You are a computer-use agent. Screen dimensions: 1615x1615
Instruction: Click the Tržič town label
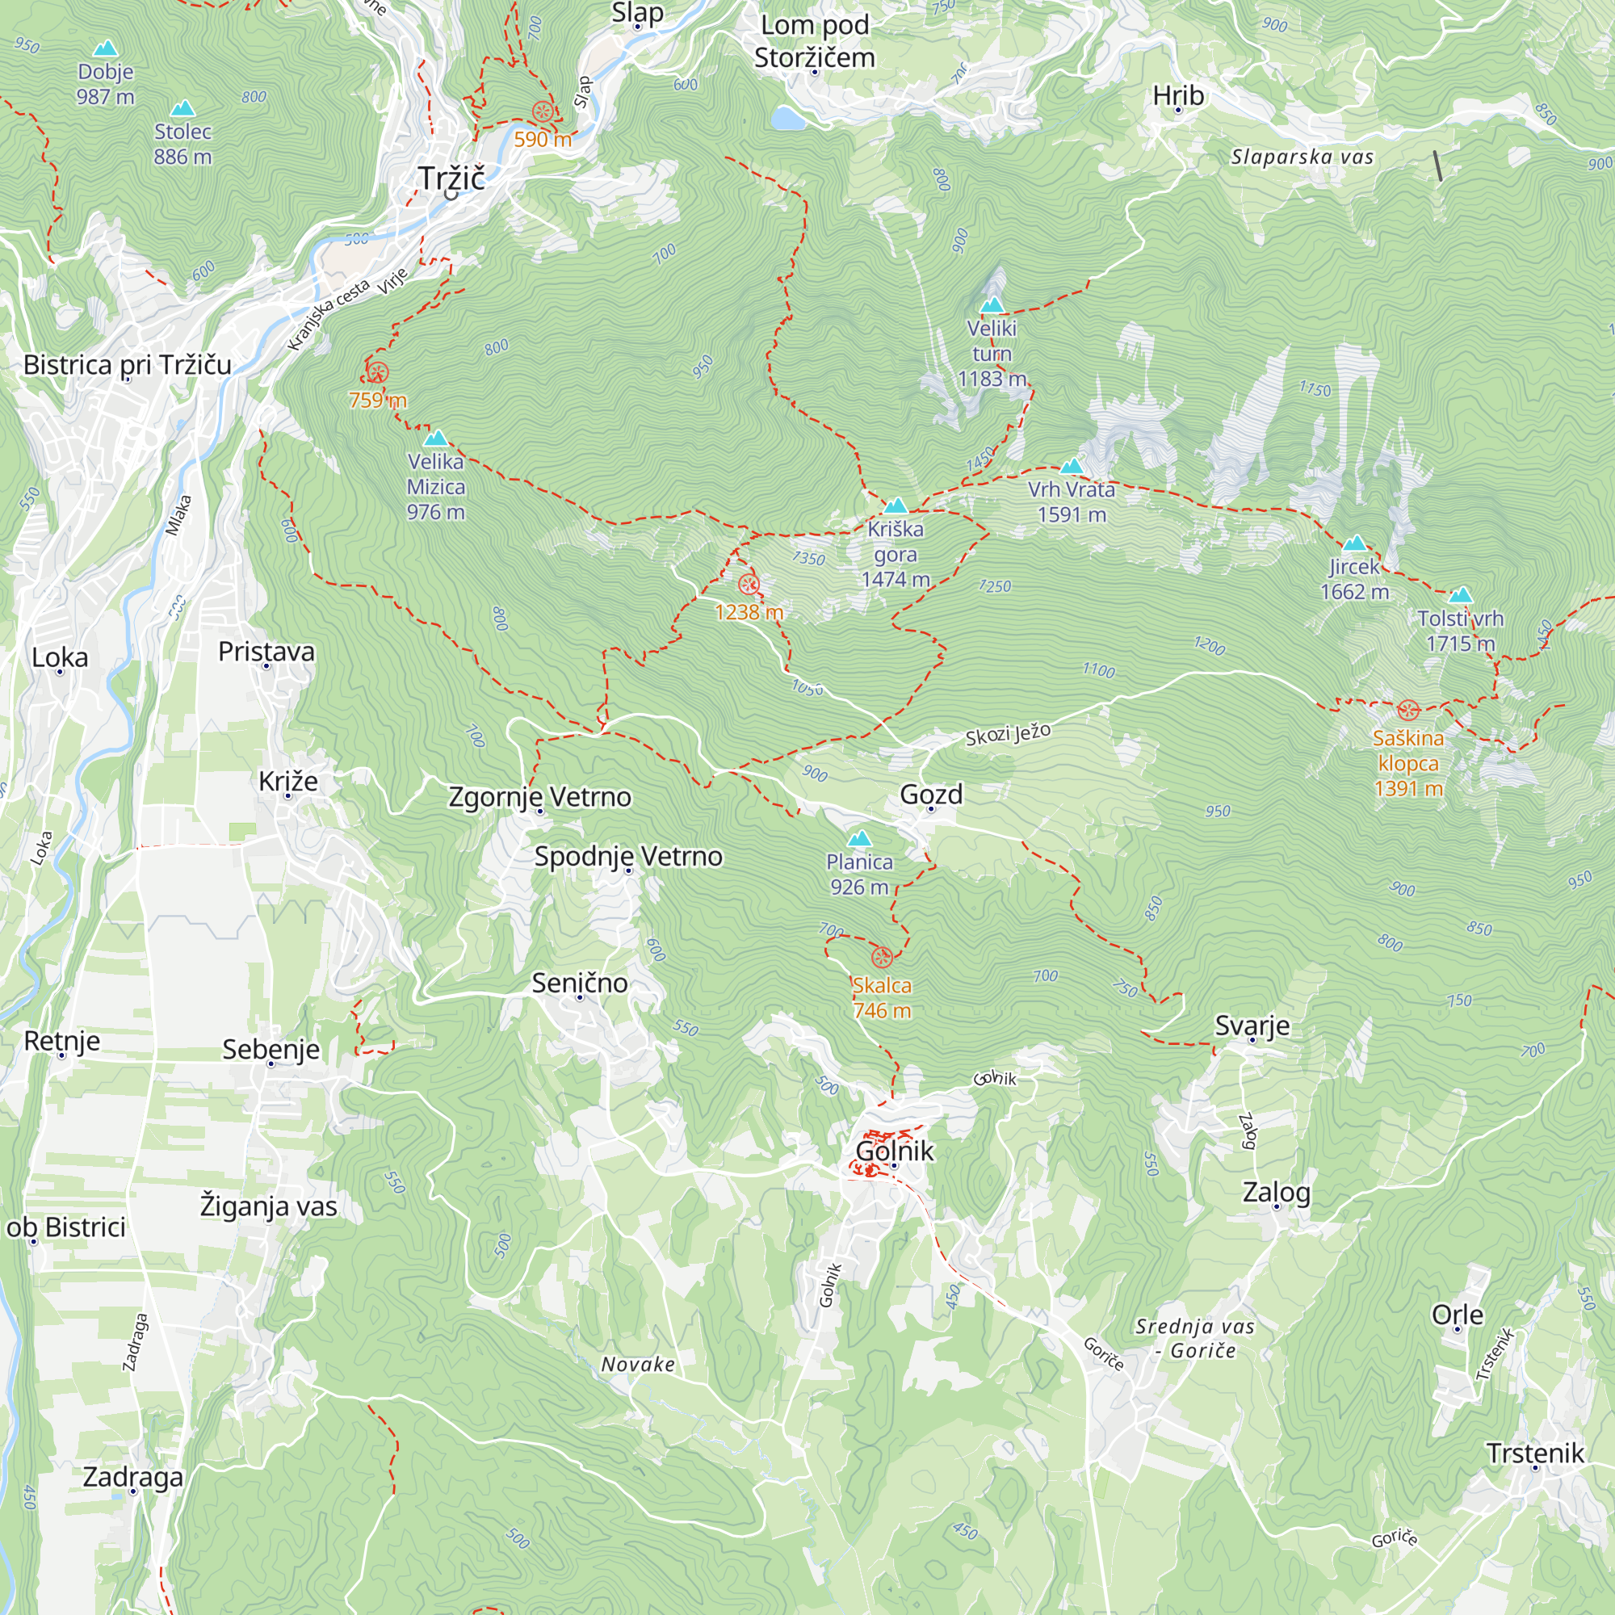pos(451,178)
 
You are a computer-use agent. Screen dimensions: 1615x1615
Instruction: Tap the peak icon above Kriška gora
pos(896,505)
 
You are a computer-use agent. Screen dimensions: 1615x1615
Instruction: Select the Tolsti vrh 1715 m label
pos(1459,631)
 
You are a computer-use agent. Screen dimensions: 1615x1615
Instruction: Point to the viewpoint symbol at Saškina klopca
pos(1407,711)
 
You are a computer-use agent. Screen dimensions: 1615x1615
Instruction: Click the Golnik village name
pos(894,1151)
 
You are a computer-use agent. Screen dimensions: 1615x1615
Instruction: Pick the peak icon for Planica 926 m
pos(859,838)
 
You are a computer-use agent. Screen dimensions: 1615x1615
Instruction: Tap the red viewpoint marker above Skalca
pos(882,957)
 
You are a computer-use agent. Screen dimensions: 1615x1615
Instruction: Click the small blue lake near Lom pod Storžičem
pos(787,119)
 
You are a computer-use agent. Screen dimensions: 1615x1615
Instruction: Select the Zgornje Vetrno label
pos(539,797)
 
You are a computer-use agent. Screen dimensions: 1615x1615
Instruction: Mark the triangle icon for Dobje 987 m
pos(105,48)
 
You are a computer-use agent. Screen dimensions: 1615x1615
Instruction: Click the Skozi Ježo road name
pos(1007,735)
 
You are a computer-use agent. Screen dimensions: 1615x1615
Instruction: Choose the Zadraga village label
pos(132,1476)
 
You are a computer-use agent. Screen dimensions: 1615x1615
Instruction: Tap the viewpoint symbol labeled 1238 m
pos(749,585)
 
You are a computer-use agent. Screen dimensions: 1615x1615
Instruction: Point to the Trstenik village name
pos(1535,1453)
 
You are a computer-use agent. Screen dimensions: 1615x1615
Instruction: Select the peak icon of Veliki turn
pos(992,305)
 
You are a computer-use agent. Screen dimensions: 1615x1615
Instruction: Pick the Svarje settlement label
pos(1252,1025)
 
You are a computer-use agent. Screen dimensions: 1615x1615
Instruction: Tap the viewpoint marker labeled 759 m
pos(377,373)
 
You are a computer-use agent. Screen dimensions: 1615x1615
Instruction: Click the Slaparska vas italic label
pos(1302,157)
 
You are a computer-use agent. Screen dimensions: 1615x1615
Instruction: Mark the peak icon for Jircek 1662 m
pos(1354,543)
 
